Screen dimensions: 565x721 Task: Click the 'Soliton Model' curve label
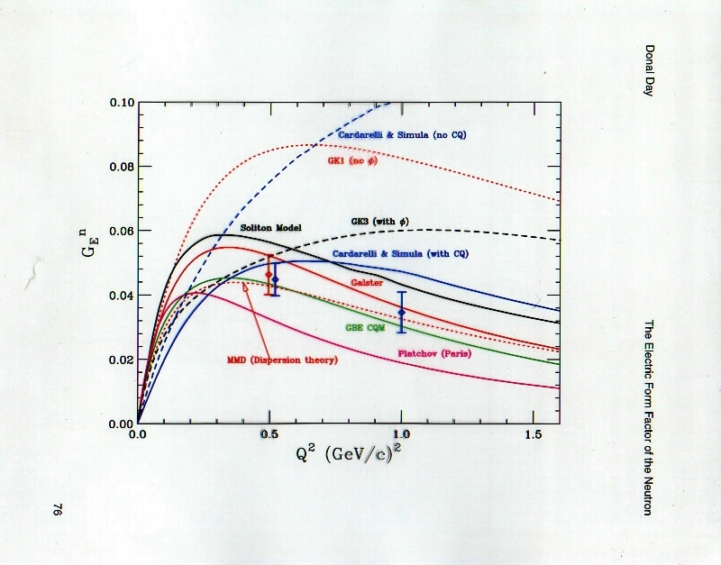click(x=270, y=226)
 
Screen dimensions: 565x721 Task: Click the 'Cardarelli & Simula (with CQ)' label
click(x=400, y=254)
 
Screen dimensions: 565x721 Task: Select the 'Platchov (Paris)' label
click(x=434, y=353)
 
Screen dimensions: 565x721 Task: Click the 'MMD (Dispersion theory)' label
click(x=281, y=360)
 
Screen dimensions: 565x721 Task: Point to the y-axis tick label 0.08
click(x=119, y=167)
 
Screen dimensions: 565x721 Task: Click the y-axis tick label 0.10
click(x=119, y=103)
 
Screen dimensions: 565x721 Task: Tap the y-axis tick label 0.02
click(x=119, y=360)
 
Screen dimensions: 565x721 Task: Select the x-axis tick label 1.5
click(x=533, y=435)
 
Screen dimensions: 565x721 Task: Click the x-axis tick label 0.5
click(x=269, y=435)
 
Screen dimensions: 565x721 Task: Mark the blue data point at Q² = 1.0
click(x=402, y=312)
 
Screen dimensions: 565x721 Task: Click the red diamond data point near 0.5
click(x=268, y=275)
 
